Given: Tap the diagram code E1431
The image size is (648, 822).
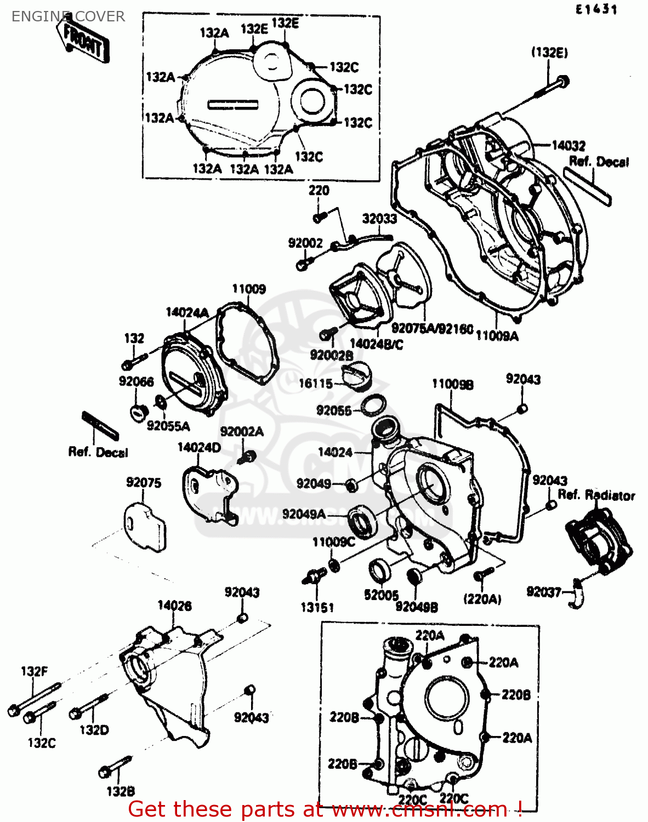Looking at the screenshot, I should tap(596, 9).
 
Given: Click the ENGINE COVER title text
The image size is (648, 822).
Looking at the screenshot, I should tap(68, 16).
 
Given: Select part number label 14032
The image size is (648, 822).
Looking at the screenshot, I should tap(569, 146).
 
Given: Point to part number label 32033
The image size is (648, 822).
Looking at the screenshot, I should tap(379, 219).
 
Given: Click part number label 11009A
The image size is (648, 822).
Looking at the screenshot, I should tap(497, 336).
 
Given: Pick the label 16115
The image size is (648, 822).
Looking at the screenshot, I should tap(316, 384).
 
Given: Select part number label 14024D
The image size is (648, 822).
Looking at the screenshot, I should tap(199, 448).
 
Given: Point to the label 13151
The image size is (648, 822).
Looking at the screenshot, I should tap(317, 607).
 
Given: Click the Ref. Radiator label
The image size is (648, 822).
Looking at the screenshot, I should tap(596, 495).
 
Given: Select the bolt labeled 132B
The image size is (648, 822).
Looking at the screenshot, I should tap(115, 767).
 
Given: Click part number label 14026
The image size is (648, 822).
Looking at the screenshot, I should tap(174, 606).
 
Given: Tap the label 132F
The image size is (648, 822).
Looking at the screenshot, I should tap(34, 671).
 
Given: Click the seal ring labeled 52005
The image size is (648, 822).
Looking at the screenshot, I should tap(379, 570).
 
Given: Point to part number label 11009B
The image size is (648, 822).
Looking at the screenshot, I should tap(452, 385).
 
